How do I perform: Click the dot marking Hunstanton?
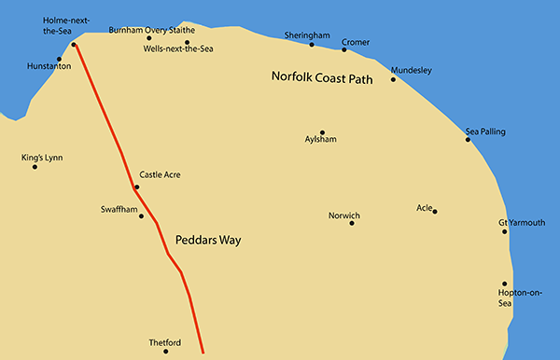[x=59, y=59]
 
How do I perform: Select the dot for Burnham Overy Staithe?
[x=148, y=38]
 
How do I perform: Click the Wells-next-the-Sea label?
[x=178, y=49]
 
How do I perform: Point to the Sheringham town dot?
[x=312, y=44]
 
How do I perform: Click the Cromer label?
[x=357, y=41]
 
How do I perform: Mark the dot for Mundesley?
[x=393, y=79]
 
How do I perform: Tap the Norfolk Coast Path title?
[x=321, y=78]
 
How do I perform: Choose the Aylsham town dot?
[x=322, y=132]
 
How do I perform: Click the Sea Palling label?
[x=485, y=132]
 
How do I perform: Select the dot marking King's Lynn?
[x=35, y=167]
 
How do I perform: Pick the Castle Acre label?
[x=160, y=174]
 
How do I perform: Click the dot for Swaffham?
[x=141, y=216]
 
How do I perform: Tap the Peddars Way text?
[x=208, y=240]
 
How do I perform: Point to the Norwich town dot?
[x=352, y=223]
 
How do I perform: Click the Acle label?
[x=426, y=207]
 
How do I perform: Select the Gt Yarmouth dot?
[x=505, y=231]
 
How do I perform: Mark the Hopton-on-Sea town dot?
[x=505, y=284]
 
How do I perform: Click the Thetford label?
[x=164, y=342]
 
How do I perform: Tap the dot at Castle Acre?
[x=136, y=187]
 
